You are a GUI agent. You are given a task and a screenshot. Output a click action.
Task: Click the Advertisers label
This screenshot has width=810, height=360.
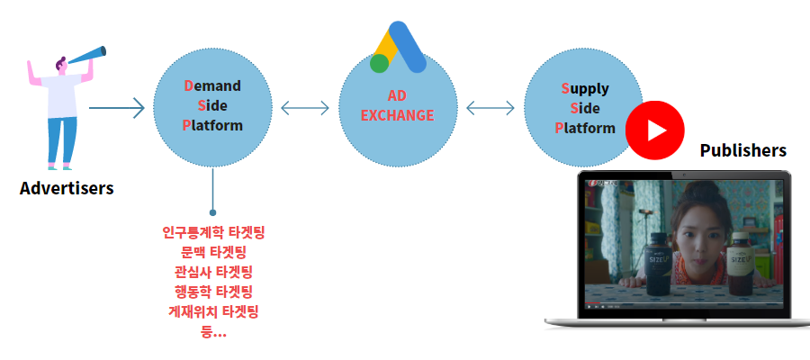click(67, 188)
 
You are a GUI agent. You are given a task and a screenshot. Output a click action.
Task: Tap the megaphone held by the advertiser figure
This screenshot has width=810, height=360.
click(86, 55)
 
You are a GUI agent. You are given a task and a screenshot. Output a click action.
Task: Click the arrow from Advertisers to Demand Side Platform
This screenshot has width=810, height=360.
click(117, 108)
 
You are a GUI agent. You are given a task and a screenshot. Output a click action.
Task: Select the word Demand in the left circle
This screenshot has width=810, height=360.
click(212, 85)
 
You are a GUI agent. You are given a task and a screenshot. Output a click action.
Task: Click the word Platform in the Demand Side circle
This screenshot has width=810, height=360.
click(212, 125)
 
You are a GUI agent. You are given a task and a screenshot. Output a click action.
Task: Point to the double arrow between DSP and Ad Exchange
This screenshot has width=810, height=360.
click(305, 108)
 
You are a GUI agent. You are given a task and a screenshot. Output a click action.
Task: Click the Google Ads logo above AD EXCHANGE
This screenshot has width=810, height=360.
click(398, 47)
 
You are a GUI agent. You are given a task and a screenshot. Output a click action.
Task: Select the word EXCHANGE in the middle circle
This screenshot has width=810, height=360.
click(397, 115)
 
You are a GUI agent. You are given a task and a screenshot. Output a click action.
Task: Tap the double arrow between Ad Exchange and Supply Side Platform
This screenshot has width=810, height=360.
click(490, 108)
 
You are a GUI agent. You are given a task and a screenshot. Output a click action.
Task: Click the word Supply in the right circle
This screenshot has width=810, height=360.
click(585, 89)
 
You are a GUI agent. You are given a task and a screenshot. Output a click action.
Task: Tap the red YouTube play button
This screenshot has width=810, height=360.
click(655, 130)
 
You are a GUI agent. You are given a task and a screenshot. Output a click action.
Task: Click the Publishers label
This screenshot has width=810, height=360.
click(742, 150)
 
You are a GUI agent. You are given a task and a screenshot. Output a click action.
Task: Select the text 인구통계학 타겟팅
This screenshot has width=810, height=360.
click(213, 232)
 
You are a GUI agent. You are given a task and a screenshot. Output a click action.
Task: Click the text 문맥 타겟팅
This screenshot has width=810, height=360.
click(213, 253)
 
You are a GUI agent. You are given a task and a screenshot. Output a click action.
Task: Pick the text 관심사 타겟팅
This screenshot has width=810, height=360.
click(213, 272)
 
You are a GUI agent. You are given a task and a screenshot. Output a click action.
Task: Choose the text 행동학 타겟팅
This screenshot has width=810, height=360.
click(213, 292)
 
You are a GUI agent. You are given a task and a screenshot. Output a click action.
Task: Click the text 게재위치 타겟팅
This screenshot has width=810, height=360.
click(213, 312)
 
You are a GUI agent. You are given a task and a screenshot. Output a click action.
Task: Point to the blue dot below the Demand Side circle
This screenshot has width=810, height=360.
click(212, 212)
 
